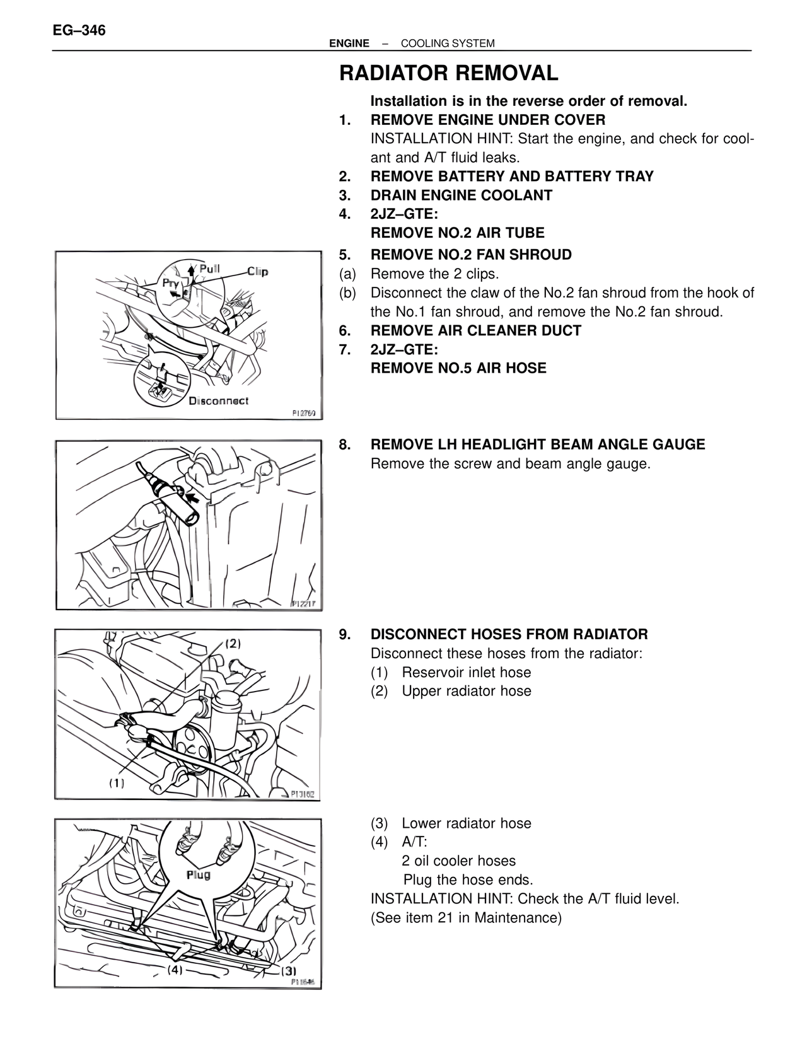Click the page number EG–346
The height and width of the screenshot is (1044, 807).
(x=79, y=30)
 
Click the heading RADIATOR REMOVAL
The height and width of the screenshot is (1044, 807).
(x=448, y=74)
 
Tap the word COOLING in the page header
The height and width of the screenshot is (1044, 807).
(x=422, y=43)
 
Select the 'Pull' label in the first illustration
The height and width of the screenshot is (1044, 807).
(x=209, y=269)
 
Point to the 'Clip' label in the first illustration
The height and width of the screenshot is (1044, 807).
(x=257, y=272)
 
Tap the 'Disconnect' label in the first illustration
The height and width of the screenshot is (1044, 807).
(x=219, y=401)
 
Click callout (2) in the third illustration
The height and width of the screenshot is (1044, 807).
(x=233, y=644)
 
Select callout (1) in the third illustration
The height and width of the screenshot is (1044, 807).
(x=117, y=783)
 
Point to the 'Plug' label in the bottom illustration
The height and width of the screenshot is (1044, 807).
(x=199, y=875)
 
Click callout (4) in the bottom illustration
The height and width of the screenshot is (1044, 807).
(x=175, y=970)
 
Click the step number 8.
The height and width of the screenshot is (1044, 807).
(x=344, y=444)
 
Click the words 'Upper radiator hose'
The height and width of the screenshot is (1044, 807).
(x=466, y=691)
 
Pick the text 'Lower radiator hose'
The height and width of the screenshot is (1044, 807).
(x=466, y=823)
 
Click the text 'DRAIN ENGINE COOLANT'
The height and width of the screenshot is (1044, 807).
(x=461, y=195)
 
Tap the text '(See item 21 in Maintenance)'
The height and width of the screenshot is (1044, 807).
(x=465, y=918)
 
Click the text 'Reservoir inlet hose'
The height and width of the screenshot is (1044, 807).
(x=466, y=673)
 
